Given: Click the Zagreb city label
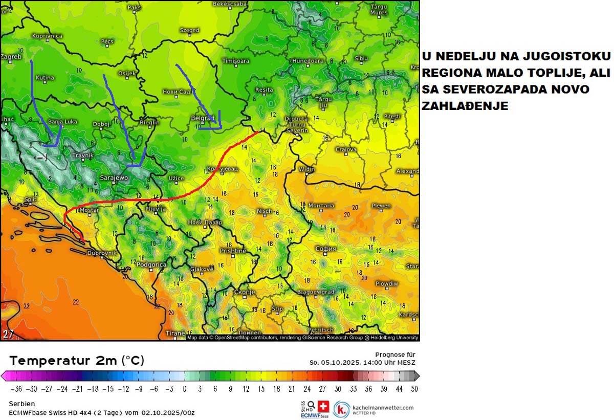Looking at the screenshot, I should pyautogui.click(x=11, y=56).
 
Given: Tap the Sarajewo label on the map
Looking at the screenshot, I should pyautogui.click(x=114, y=178).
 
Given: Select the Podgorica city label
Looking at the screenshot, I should pyautogui.click(x=151, y=264).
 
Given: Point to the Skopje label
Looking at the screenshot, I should pyautogui.click(x=244, y=292).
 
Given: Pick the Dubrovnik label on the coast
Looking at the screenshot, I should pyautogui.click(x=102, y=253).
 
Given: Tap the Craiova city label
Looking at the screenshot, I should pyautogui.click(x=346, y=149).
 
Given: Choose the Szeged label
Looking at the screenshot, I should pyautogui.click(x=189, y=30).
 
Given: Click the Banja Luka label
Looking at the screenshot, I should pyautogui.click(x=62, y=122).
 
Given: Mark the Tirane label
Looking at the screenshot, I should pyautogui.click(x=176, y=333).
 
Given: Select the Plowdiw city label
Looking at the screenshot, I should pyautogui.click(x=387, y=283).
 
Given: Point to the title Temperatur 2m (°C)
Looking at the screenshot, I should pyautogui.click(x=77, y=360).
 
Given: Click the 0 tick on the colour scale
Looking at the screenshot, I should pyautogui.click(x=185, y=389).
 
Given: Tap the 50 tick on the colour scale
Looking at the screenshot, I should pyautogui.click(x=414, y=389).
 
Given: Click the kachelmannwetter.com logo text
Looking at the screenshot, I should pyautogui.click(x=383, y=407).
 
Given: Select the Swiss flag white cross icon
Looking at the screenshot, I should pyautogui.click(x=323, y=406).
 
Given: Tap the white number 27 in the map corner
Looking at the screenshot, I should pyautogui.click(x=8, y=334).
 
